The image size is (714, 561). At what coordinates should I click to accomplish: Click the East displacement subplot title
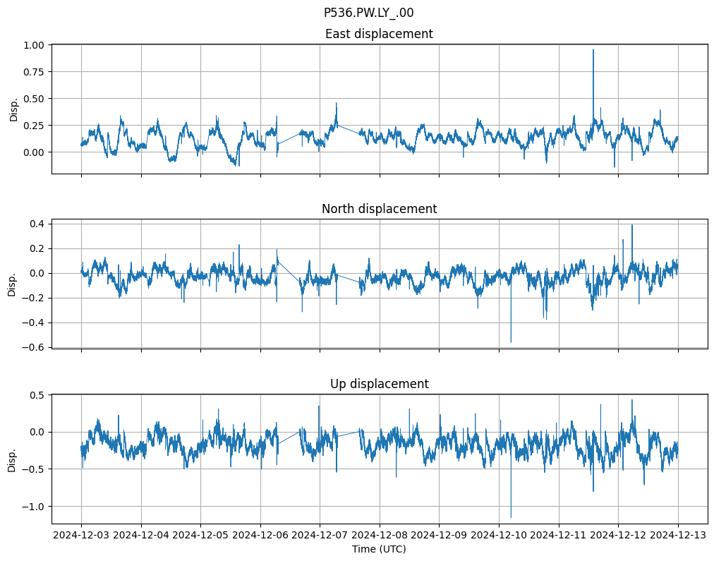(x=379, y=34)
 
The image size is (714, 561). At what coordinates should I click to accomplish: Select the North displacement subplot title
(x=379, y=209)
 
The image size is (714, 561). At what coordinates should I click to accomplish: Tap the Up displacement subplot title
(x=379, y=384)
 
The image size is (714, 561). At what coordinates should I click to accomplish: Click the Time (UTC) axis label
(x=379, y=549)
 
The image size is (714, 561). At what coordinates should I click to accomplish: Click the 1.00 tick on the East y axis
(x=35, y=44)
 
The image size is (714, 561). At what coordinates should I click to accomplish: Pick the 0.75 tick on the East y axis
(x=35, y=71)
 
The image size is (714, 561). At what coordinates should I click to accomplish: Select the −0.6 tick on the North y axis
(x=35, y=347)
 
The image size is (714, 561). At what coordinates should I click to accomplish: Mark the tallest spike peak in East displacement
(x=593, y=49)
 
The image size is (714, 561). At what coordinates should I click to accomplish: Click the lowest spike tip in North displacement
(x=511, y=342)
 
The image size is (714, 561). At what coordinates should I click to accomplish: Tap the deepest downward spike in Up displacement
(x=511, y=517)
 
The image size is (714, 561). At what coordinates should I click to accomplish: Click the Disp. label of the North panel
(x=12, y=284)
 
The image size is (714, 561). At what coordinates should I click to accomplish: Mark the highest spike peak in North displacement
(x=632, y=225)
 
